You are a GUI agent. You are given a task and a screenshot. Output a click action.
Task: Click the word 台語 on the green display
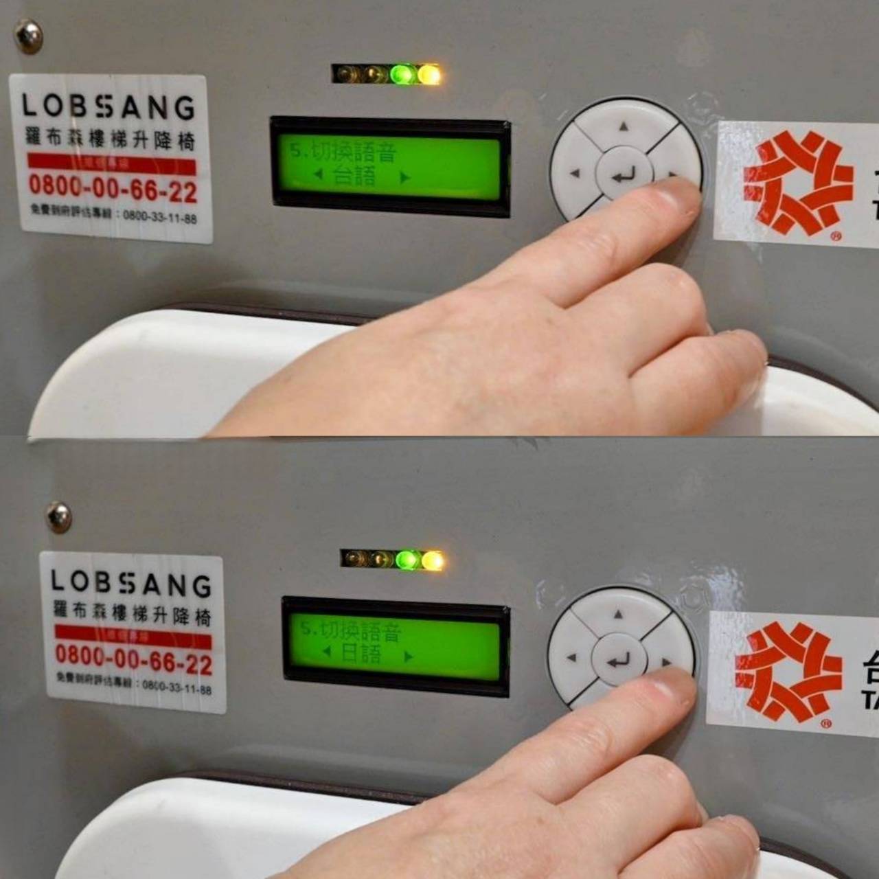coord(355,176)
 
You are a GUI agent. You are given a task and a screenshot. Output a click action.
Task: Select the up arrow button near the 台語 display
coord(624,126)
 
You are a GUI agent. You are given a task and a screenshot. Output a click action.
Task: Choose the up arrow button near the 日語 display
coord(618,614)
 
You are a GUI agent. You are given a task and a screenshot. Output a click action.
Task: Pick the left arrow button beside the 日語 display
coord(571,658)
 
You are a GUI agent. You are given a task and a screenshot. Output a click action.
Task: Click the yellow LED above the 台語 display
coord(429,74)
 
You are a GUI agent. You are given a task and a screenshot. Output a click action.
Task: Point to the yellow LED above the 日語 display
coord(433,560)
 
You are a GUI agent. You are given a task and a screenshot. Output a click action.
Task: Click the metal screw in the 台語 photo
coord(28,36)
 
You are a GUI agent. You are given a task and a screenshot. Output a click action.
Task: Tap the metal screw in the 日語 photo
coord(58,516)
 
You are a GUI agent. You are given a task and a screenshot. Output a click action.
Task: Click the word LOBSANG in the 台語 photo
coord(109,106)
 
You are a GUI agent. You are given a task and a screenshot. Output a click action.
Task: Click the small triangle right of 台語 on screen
coord(405,177)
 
